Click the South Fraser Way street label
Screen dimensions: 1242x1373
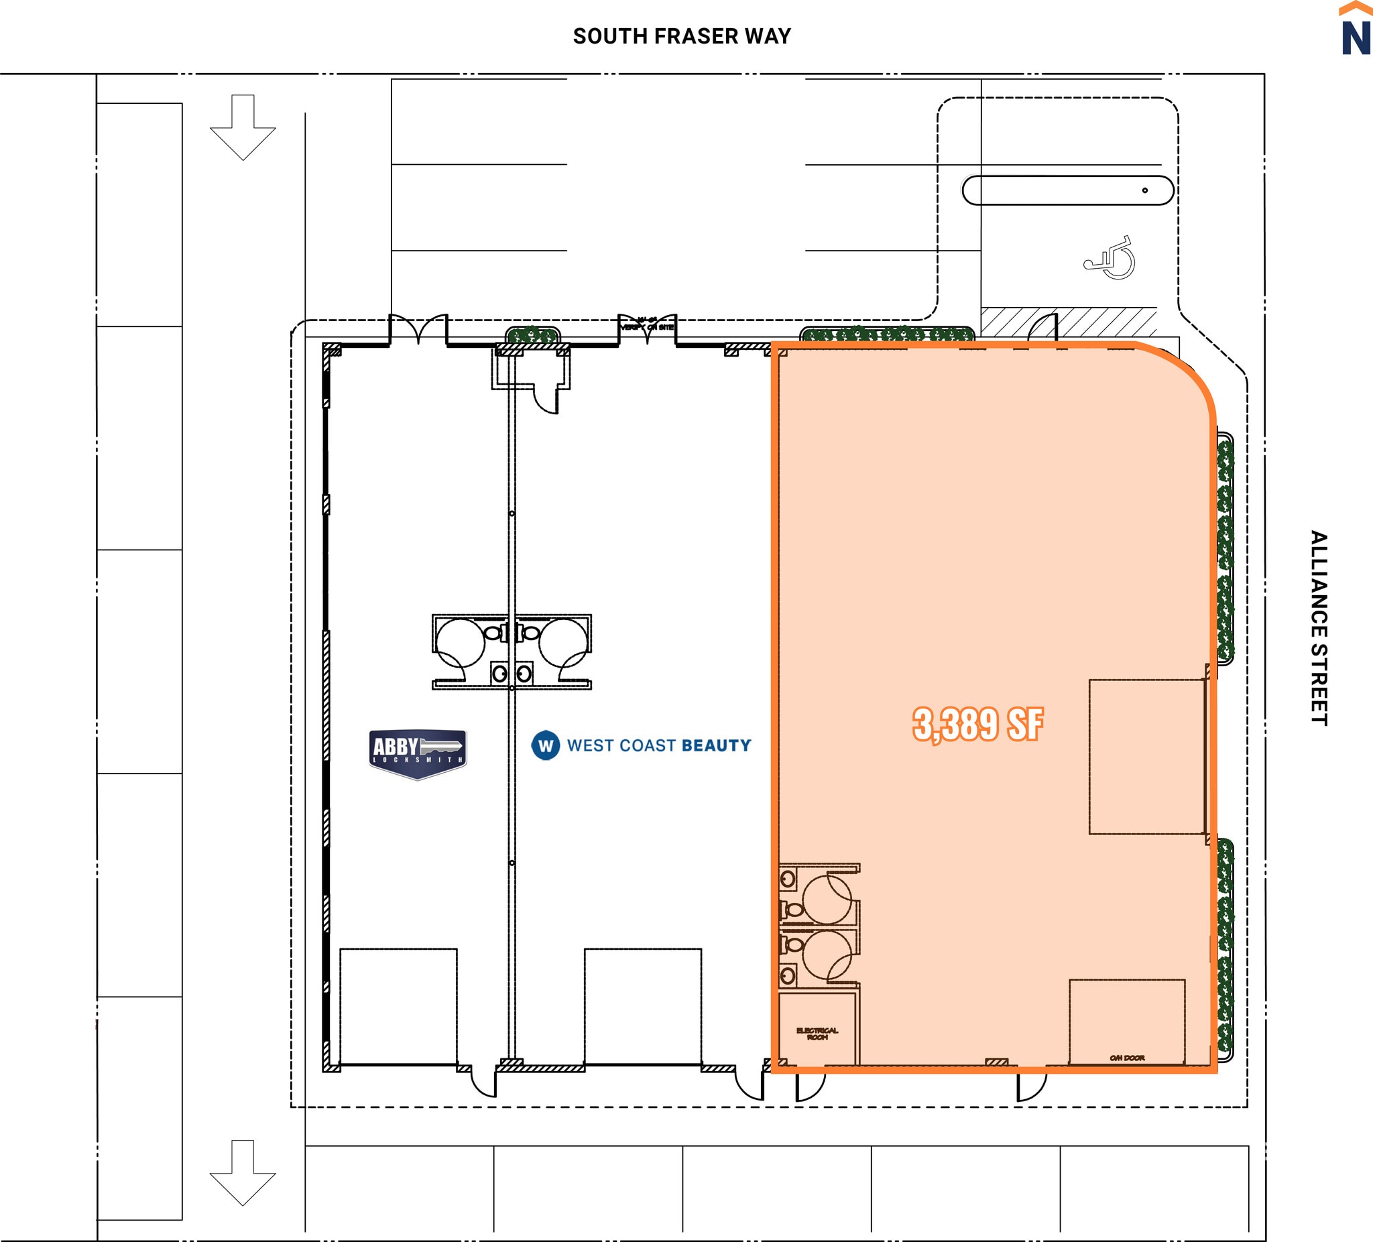click(682, 36)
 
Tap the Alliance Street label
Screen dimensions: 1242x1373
click(1319, 628)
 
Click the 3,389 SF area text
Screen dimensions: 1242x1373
click(977, 724)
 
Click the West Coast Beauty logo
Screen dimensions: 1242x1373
click(642, 745)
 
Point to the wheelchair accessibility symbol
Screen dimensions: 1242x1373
click(1111, 258)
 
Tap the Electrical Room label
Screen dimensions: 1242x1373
click(817, 1034)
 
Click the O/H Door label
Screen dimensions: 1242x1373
click(1127, 1058)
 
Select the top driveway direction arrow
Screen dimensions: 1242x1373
click(243, 127)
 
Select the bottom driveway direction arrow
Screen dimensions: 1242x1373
click(243, 1172)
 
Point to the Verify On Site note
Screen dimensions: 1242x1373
click(647, 325)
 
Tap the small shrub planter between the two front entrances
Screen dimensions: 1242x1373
click(532, 334)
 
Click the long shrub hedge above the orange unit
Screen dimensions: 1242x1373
click(887, 334)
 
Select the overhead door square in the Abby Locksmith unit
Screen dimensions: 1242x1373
click(398, 1005)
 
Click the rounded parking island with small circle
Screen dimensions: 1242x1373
click(1067, 190)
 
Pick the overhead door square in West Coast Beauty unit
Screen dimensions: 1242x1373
click(642, 1005)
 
